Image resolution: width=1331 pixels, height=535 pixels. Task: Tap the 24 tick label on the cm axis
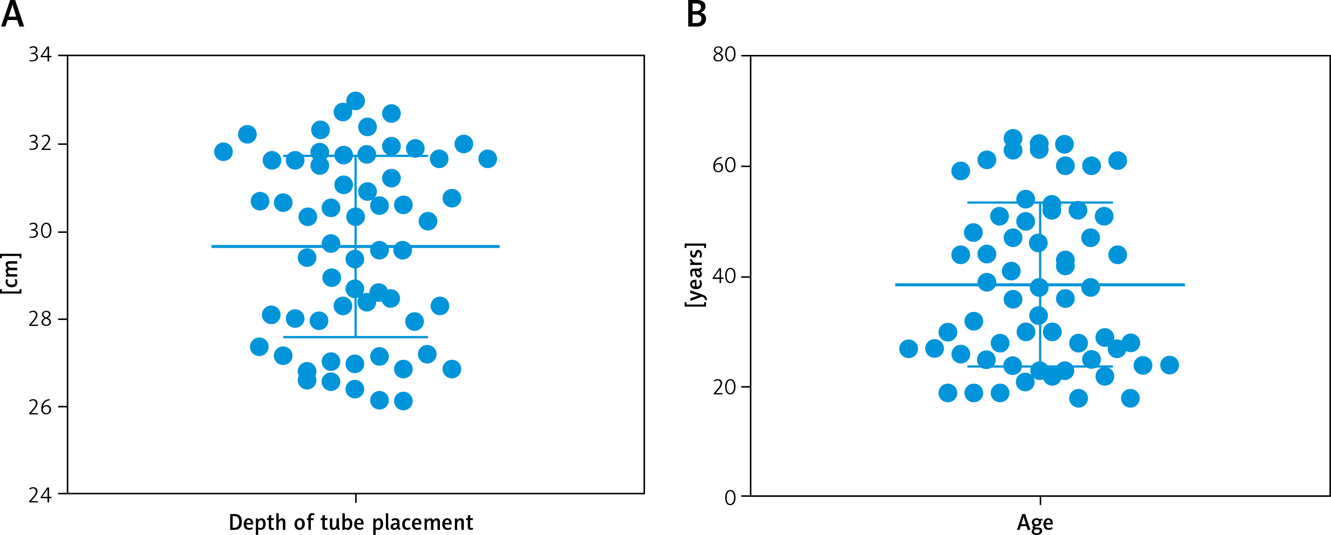[40, 496]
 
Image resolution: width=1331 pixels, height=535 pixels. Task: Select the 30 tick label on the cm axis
[40, 231]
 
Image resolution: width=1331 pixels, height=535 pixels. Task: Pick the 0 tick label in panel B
[730, 497]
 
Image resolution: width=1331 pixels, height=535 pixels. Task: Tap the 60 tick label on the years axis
[724, 165]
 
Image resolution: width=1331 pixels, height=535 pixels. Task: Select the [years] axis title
[695, 275]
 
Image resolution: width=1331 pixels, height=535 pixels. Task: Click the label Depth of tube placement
[351, 522]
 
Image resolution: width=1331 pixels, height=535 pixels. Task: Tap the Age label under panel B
[1035, 522]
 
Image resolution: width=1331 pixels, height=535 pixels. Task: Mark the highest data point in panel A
[356, 101]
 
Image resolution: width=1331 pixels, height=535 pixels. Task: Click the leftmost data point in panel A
[223, 152]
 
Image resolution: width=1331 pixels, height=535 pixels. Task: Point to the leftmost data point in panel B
[908, 349]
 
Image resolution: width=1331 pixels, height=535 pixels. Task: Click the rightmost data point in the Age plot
[1169, 365]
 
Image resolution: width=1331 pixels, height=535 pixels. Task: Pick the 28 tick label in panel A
[40, 319]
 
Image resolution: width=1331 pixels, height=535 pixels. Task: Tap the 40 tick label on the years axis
[724, 276]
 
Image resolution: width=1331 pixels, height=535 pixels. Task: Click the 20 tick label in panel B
[724, 387]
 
